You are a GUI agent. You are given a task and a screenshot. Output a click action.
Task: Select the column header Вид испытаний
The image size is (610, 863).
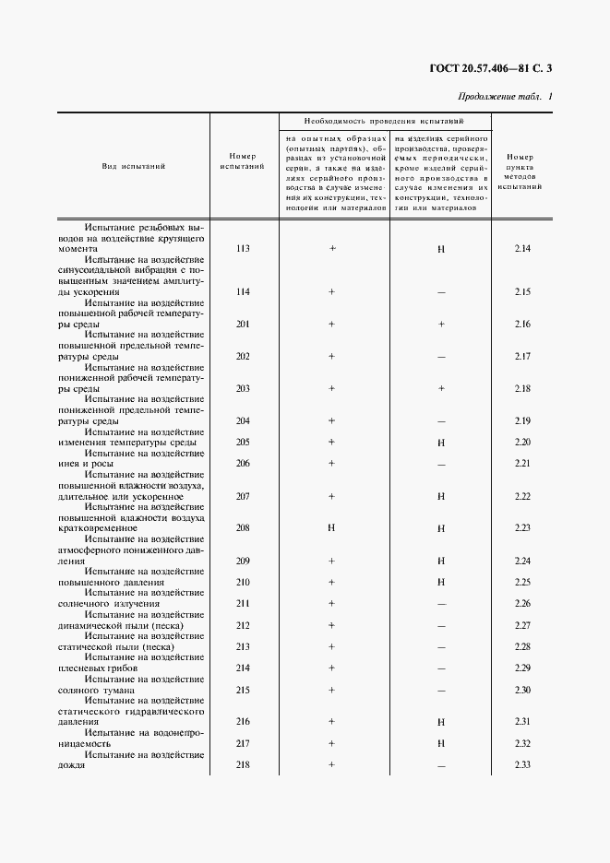tap(134, 167)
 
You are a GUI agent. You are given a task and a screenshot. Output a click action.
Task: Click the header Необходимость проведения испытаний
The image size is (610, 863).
tap(384, 121)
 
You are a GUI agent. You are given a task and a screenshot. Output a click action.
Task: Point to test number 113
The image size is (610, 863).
tap(243, 249)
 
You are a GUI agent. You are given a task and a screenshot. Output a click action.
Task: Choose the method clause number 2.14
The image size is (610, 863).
tap(522, 249)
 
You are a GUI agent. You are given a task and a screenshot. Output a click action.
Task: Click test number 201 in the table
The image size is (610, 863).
tap(243, 325)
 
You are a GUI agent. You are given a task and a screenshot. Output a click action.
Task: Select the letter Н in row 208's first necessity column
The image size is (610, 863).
tap(330, 529)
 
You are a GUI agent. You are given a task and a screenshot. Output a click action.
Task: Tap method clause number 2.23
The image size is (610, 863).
tap(522, 529)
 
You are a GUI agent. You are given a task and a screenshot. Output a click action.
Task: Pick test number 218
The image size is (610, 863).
tap(243, 765)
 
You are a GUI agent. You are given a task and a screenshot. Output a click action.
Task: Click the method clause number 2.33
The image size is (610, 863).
tap(522, 765)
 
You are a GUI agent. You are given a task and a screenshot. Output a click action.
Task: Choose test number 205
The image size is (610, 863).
tap(243, 443)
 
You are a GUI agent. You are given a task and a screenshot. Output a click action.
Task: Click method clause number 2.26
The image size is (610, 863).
tap(522, 604)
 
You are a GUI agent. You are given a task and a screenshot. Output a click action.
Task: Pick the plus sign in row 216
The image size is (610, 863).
tap(330, 722)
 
